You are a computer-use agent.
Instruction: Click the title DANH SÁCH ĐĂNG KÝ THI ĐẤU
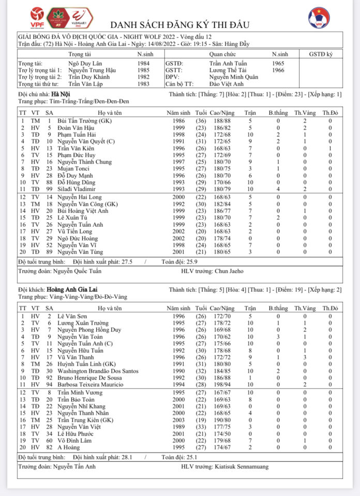pos(180,25)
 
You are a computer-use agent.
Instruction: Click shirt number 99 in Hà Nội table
pos(49,188)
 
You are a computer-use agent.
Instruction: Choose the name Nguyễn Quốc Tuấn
pos(77,271)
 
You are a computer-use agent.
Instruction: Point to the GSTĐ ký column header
pos(321,54)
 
